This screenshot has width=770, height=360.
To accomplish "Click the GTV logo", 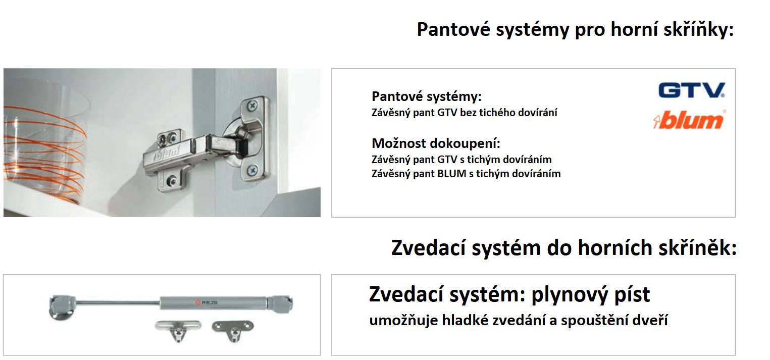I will click(x=691, y=90).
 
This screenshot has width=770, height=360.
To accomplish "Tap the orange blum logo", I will click(x=689, y=121).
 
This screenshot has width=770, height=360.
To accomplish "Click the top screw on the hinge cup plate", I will click(x=252, y=106).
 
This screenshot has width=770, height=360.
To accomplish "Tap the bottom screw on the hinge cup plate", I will click(x=252, y=170).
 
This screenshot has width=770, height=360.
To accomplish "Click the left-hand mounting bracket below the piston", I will click(x=178, y=329).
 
